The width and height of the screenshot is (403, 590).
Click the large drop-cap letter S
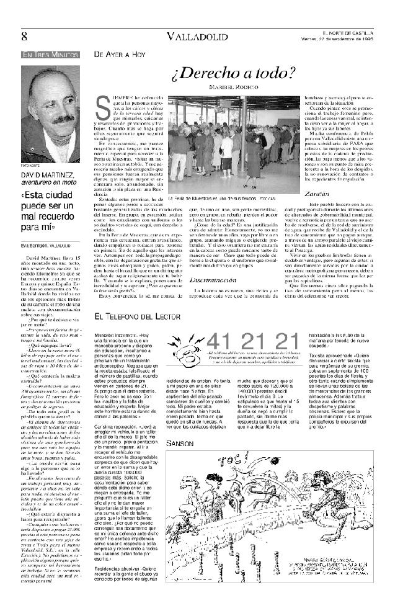click(x=105, y=109)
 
